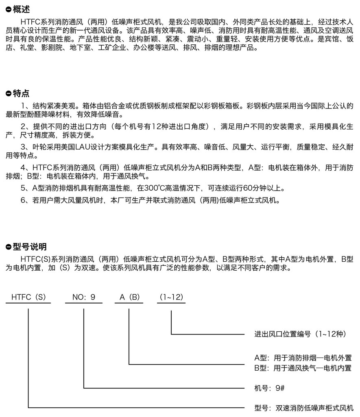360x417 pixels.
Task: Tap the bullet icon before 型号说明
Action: point(9,247)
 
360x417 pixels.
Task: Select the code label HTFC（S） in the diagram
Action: point(28,297)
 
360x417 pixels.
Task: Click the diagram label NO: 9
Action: point(84,297)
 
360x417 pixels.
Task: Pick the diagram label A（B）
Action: point(129,297)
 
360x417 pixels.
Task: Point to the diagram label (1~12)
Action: point(171,297)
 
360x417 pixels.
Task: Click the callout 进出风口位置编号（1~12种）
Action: point(300,334)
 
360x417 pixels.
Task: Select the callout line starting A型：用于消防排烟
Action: point(303,358)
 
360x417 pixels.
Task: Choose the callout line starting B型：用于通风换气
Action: point(303,368)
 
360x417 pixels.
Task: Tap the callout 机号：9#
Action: point(269,388)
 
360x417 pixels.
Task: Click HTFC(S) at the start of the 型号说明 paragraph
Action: point(36,259)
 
